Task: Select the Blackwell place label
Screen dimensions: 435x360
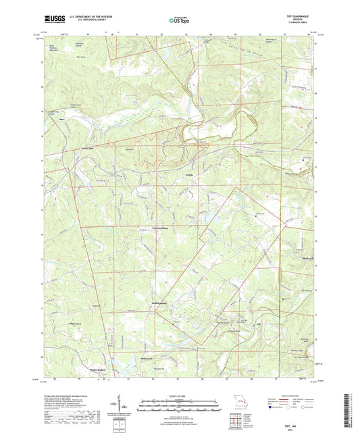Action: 305,257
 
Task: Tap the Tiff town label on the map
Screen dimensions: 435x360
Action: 257,324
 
